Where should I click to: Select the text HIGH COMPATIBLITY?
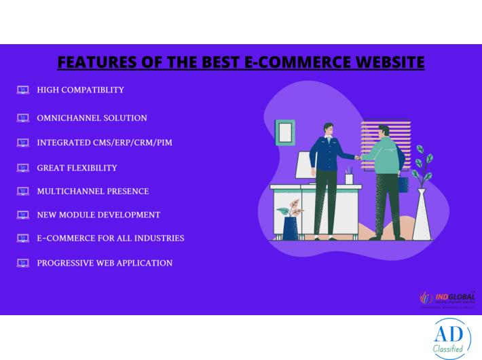pos(80,90)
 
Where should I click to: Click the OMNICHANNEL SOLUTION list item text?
pos(92,118)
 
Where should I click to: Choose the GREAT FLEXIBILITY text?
pos(77,168)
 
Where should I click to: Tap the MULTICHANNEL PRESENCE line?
pos(93,192)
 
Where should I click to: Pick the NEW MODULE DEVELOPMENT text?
pos(98,215)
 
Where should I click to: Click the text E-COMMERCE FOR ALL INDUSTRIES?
pos(110,238)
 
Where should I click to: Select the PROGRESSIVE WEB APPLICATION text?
pos(105,263)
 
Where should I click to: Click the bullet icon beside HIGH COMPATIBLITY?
pos(23,90)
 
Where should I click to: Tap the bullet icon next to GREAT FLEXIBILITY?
pos(23,168)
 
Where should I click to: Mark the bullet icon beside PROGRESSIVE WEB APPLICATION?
pos(23,263)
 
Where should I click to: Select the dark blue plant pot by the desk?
pos(291,228)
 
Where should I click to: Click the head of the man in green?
pos(384,131)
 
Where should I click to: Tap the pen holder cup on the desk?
pos(349,178)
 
